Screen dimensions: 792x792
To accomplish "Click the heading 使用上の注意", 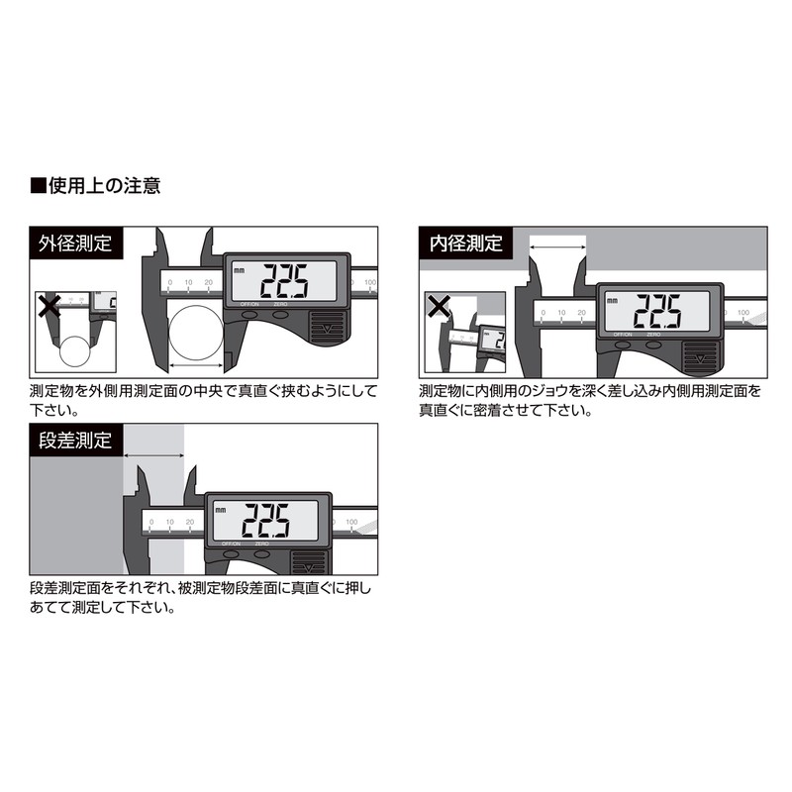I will click(96, 184).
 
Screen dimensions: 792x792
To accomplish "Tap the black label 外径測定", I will click(75, 243).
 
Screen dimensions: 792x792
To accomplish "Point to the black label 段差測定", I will click(75, 440).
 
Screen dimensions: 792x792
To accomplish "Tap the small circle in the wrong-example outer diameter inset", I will click(74, 353).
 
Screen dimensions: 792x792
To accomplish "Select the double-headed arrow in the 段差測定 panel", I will click(153, 455).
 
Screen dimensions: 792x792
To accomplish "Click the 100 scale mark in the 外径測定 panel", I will click(369, 283).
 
